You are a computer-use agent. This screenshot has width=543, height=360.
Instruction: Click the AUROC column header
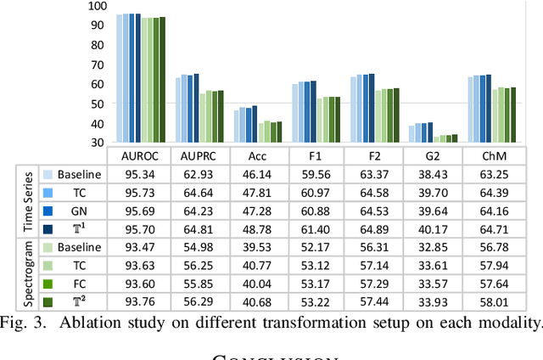pyautogui.click(x=139, y=155)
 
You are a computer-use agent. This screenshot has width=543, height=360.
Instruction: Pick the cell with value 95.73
pyautogui.click(x=139, y=192)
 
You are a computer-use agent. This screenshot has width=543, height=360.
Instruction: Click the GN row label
pyautogui.click(x=80, y=211)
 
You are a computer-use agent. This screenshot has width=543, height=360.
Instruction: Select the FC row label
pyautogui.click(x=80, y=284)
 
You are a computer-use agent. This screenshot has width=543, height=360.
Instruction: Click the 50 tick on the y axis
pyautogui.click(x=98, y=104)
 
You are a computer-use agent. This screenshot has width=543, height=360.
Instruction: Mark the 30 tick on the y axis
pyautogui.click(x=98, y=143)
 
